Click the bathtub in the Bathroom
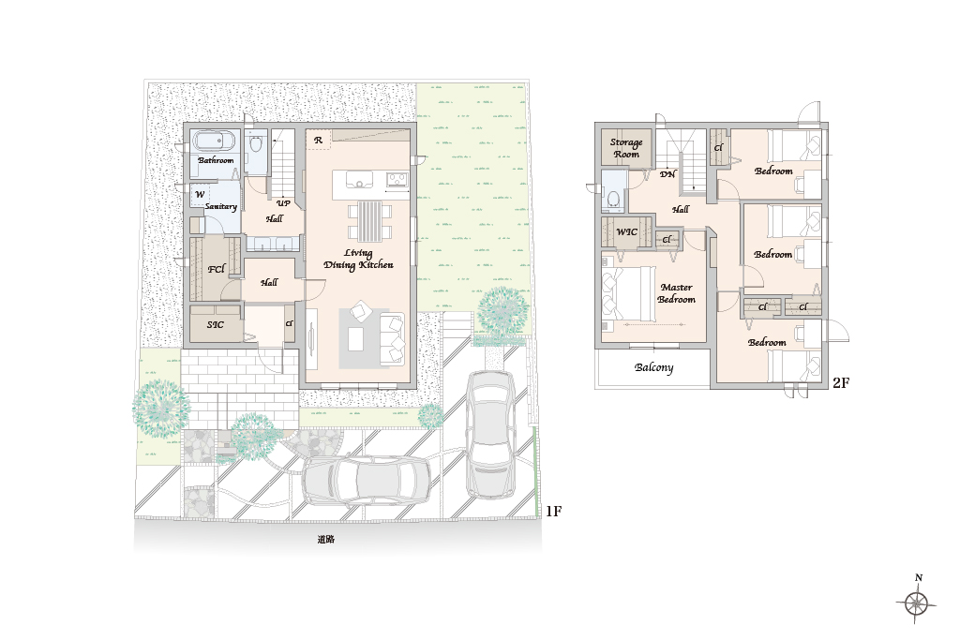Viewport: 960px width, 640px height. click(215, 141)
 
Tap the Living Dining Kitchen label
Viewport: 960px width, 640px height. click(358, 259)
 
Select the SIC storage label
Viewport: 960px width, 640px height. click(215, 324)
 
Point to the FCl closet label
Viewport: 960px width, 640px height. click(217, 269)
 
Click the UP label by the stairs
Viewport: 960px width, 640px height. click(283, 203)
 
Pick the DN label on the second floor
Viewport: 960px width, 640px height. click(667, 173)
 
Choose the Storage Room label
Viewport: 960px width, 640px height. click(626, 148)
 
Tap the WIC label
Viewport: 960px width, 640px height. click(626, 231)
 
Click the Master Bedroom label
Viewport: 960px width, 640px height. click(677, 293)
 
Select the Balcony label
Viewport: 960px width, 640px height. click(653, 367)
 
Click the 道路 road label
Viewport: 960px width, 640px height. click(325, 540)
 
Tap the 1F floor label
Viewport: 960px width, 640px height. click(553, 511)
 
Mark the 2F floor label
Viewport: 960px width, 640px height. click(841, 383)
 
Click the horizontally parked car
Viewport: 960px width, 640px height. click(367, 481)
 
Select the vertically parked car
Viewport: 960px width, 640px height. click(489, 435)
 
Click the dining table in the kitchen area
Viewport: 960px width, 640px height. click(368, 221)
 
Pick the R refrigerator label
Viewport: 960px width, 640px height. click(318, 141)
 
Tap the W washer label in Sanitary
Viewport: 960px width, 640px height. click(200, 195)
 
